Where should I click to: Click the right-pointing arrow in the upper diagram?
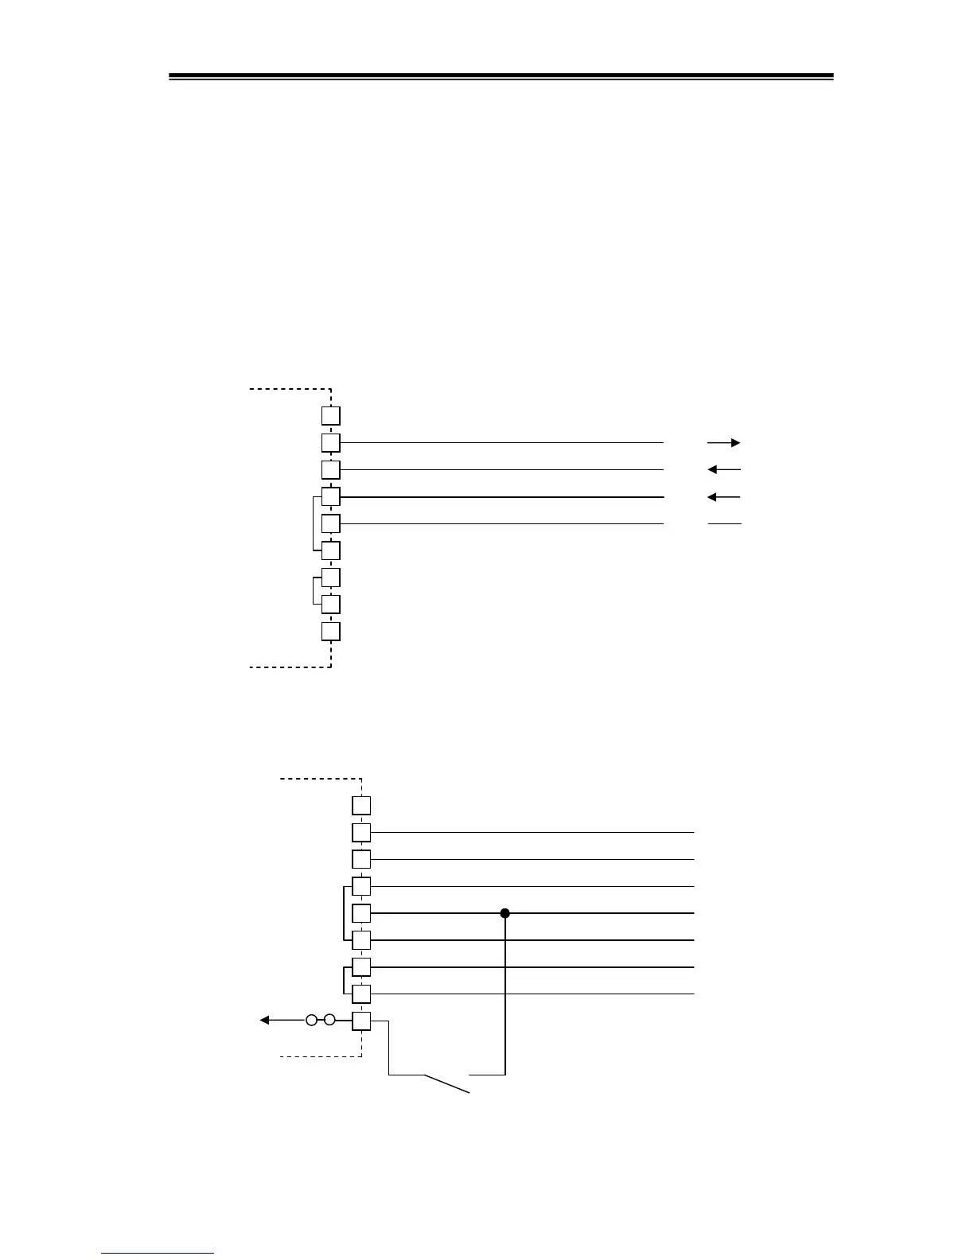pyautogui.click(x=723, y=442)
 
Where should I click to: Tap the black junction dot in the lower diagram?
pyautogui.click(x=505, y=913)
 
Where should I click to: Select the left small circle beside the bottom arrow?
pyautogui.click(x=312, y=1020)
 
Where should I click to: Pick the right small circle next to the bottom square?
pyautogui.click(x=329, y=1020)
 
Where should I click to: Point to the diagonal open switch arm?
pyautogui.click(x=446, y=1083)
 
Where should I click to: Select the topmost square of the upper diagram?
pyautogui.click(x=331, y=415)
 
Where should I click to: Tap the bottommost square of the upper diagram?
pyautogui.click(x=331, y=632)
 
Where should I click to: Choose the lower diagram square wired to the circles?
pyautogui.click(x=362, y=1021)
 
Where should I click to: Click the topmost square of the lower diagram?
pyautogui.click(x=362, y=805)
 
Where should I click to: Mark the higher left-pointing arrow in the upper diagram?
pyautogui.click(x=723, y=469)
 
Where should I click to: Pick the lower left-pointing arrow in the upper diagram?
pyautogui.click(x=723, y=497)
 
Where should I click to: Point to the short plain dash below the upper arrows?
pyautogui.click(x=724, y=523)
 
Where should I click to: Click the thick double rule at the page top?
pyautogui.click(x=501, y=77)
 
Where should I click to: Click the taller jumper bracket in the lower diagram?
pyautogui.click(x=343, y=913)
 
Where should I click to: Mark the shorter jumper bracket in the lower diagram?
pyautogui.click(x=343, y=980)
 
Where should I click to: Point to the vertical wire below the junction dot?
pyautogui.click(x=505, y=994)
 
